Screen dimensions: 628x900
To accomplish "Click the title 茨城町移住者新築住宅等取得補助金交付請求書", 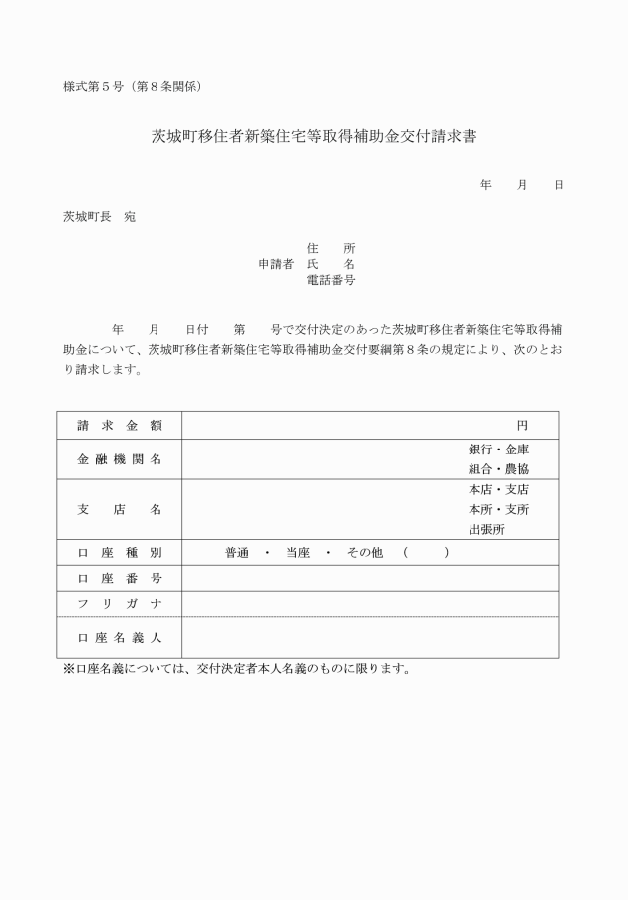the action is pos(313,138).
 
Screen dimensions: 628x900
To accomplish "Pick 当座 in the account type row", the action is pos(298,553).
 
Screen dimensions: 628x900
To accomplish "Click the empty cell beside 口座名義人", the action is pos(370,638).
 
